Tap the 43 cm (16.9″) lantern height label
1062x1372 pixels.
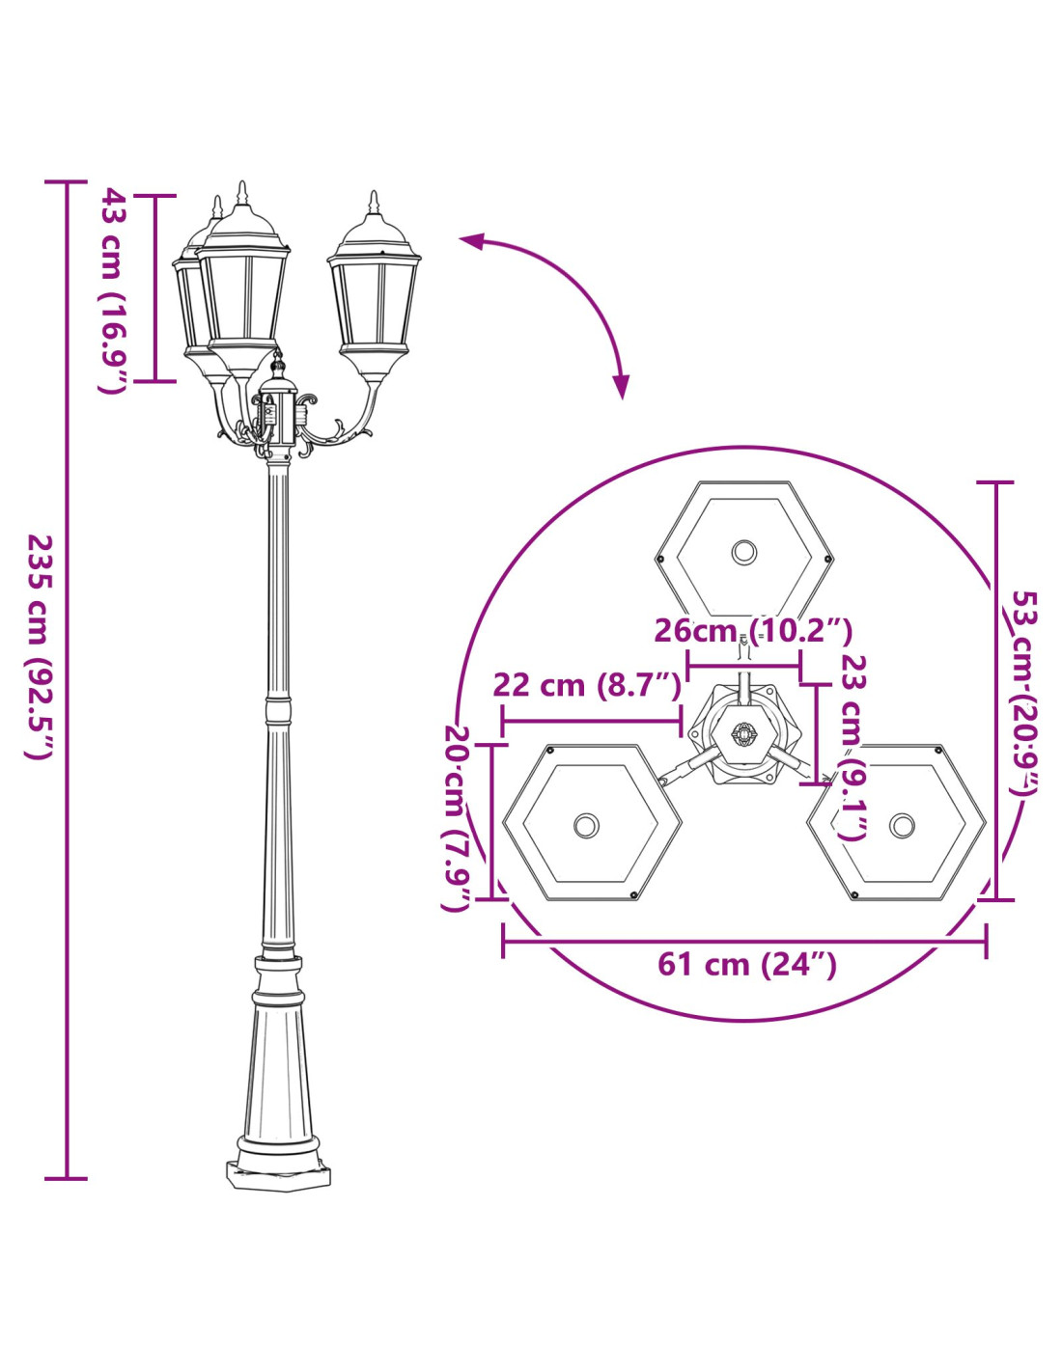point(112,290)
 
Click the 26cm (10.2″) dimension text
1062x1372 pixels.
point(753,630)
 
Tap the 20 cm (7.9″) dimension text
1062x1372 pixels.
point(456,818)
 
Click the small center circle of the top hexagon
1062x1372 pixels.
point(744,552)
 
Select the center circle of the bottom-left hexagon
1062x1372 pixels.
point(587,825)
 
